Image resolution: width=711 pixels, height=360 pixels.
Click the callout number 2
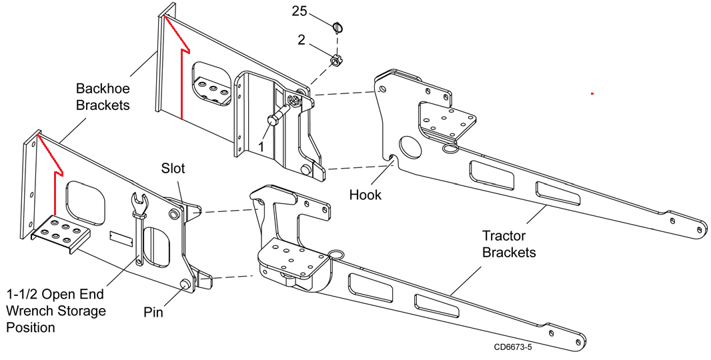(301, 40)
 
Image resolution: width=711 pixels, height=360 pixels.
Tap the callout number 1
(261, 145)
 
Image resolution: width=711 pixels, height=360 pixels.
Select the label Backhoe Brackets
(103, 97)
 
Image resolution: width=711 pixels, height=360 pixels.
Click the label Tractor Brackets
(509, 244)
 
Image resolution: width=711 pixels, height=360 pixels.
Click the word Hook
(366, 195)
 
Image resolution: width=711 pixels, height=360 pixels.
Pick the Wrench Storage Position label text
(56, 311)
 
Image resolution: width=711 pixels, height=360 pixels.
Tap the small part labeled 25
(339, 27)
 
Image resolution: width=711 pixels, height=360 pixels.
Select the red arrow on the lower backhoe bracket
(52, 173)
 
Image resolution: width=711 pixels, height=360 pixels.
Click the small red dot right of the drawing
(592, 94)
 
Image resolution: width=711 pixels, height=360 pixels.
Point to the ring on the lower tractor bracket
(336, 253)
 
